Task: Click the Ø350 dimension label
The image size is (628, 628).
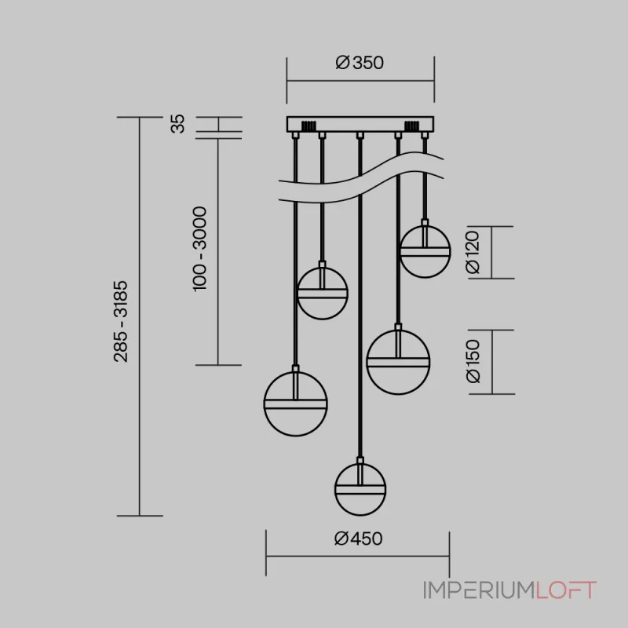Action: [x=360, y=63]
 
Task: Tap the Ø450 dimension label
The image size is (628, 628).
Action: [x=358, y=539]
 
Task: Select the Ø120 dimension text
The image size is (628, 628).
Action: [x=473, y=252]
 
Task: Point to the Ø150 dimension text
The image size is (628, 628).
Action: [x=473, y=361]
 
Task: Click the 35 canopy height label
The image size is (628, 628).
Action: [x=178, y=124]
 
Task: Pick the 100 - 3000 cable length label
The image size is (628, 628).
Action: [x=200, y=249]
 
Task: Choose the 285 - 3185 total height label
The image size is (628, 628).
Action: [x=121, y=322]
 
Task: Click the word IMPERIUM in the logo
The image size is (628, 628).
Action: [x=480, y=590]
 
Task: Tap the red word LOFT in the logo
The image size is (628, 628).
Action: [x=566, y=590]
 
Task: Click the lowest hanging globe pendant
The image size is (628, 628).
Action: [x=360, y=488]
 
